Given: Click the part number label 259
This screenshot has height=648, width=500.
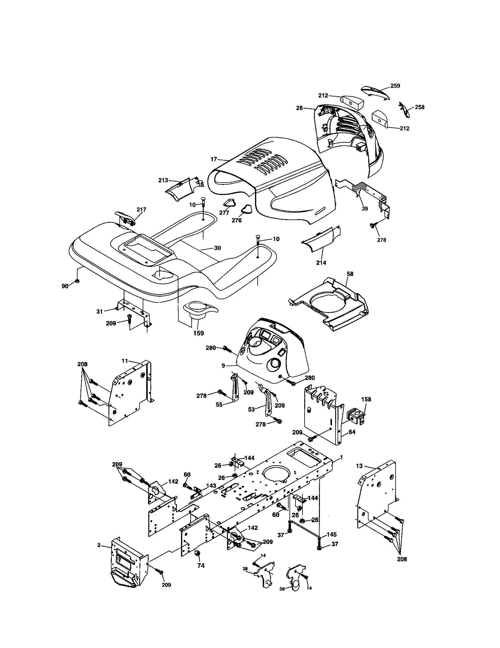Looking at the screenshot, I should tap(395, 86).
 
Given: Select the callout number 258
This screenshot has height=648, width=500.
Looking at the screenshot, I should tap(419, 107).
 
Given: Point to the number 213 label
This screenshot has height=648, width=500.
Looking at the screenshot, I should tap(163, 180).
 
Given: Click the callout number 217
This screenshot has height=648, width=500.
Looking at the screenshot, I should tap(141, 209).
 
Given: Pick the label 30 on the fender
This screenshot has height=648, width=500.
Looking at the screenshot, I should tap(217, 248).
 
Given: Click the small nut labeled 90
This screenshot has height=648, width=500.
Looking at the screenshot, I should tap(77, 281).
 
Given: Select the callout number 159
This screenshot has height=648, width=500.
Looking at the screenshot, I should tap(198, 333).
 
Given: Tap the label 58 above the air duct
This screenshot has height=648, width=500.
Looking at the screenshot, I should tap(350, 274).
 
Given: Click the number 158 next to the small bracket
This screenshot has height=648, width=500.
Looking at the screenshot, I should tap(366, 399).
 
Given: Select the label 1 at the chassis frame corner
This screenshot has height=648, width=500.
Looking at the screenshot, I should tap(341, 457).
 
